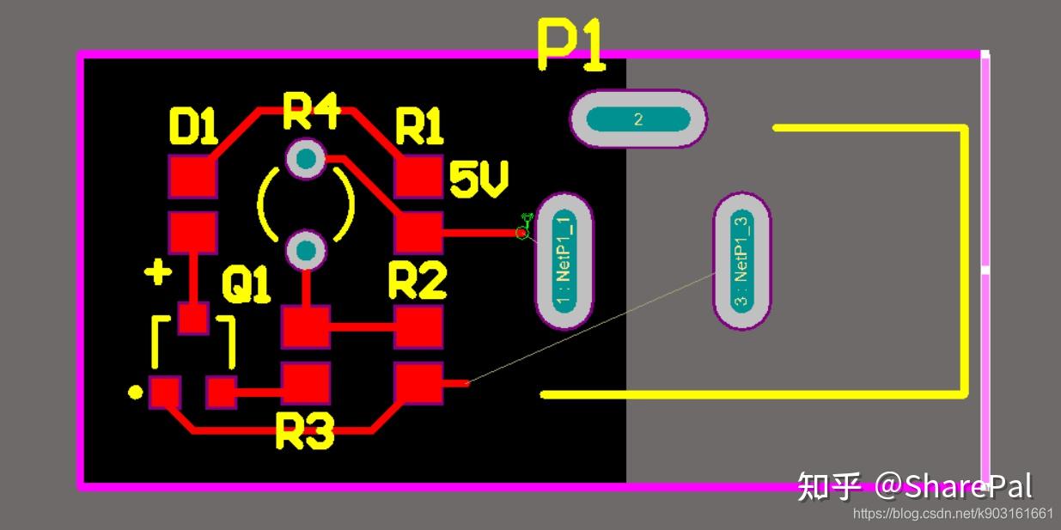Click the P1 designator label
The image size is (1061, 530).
[571, 44]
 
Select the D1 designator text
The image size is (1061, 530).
[193, 128]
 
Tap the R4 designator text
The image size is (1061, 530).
[311, 112]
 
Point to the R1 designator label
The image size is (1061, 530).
[418, 128]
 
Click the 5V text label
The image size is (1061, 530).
[479, 180]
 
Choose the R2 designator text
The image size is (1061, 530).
[417, 281]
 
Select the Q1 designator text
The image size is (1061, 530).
[246, 285]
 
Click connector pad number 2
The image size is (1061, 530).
[638, 119]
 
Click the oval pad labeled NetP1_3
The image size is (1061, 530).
[742, 260]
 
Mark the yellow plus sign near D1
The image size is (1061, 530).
[157, 274]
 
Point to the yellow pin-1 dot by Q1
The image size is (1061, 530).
[135, 393]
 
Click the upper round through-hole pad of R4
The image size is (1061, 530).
[305, 158]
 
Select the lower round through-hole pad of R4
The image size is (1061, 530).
[305, 251]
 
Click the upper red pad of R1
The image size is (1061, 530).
[418, 178]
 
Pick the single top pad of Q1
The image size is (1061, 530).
[192, 318]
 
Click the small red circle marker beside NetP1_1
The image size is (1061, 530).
[521, 233]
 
